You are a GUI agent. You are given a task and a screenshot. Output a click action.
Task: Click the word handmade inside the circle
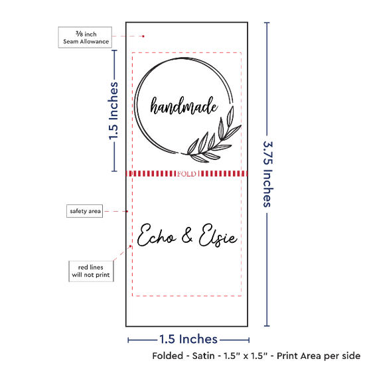(x=184, y=106)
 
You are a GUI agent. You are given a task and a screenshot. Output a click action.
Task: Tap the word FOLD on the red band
(x=186, y=174)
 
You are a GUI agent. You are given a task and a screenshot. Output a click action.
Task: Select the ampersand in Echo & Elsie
(x=187, y=235)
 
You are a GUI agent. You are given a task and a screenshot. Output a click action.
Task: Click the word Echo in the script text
(x=156, y=235)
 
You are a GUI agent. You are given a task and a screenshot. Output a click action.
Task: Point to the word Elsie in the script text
(x=218, y=235)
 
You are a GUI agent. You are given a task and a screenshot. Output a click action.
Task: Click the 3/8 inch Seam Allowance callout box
(x=85, y=37)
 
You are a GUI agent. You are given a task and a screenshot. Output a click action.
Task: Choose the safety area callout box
(x=85, y=211)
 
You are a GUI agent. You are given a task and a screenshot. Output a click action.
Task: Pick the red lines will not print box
(x=91, y=271)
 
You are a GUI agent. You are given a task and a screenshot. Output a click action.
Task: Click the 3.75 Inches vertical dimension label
(x=267, y=174)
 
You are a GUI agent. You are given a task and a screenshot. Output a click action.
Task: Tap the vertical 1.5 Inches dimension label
(x=113, y=111)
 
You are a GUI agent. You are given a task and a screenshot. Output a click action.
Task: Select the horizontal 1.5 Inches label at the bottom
(x=188, y=339)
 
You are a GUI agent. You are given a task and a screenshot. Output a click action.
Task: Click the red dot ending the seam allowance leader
(x=143, y=36)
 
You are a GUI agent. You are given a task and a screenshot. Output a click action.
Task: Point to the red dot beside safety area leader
(x=127, y=211)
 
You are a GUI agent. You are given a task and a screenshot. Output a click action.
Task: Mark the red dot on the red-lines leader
(x=130, y=246)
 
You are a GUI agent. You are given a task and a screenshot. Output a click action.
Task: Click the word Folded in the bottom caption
(x=168, y=356)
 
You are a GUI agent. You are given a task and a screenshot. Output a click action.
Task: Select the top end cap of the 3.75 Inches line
(x=267, y=23)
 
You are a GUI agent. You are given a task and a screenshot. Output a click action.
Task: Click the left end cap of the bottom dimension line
(x=128, y=340)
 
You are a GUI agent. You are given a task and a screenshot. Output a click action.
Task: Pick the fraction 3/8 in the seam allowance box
(x=79, y=34)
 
